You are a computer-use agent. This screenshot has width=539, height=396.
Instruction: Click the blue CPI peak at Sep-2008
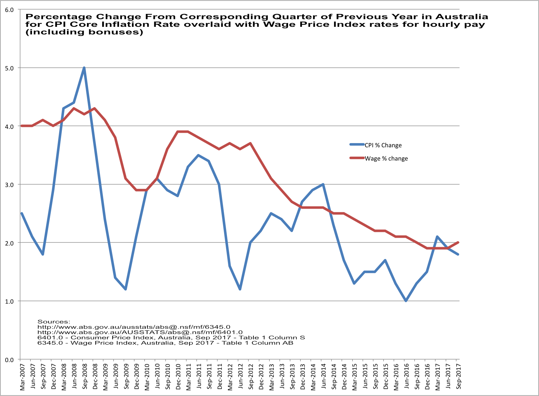click(84, 68)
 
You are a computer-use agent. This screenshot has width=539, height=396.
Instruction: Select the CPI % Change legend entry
click(383, 145)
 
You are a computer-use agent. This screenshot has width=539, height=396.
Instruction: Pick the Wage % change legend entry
click(386, 159)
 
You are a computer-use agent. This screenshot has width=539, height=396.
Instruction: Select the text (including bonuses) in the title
click(84, 32)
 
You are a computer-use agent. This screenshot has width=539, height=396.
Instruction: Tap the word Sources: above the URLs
click(54, 322)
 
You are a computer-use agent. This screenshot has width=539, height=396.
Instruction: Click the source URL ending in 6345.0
click(134, 327)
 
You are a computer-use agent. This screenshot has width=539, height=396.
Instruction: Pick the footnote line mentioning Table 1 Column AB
click(165, 343)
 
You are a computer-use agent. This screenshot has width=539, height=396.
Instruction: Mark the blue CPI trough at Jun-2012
click(240, 289)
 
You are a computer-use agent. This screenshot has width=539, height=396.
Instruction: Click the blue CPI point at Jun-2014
click(323, 184)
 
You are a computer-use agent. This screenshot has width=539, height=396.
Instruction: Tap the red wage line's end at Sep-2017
click(458, 243)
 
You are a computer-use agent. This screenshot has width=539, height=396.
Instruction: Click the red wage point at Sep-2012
click(251, 143)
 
